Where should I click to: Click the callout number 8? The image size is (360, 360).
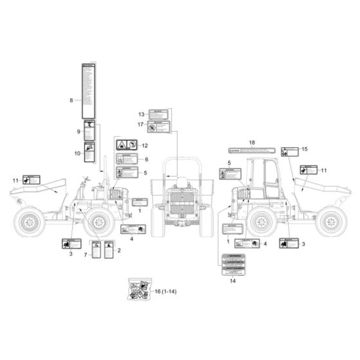tap(71, 100)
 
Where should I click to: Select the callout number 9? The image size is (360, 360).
tap(78, 131)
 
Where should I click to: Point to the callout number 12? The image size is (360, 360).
tap(145, 146)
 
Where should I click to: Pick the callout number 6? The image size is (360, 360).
tap(146, 159)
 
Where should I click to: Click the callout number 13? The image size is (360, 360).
tap(141, 114)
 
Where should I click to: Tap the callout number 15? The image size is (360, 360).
tap(305, 148)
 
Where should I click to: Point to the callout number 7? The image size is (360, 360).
tap(85, 255)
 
